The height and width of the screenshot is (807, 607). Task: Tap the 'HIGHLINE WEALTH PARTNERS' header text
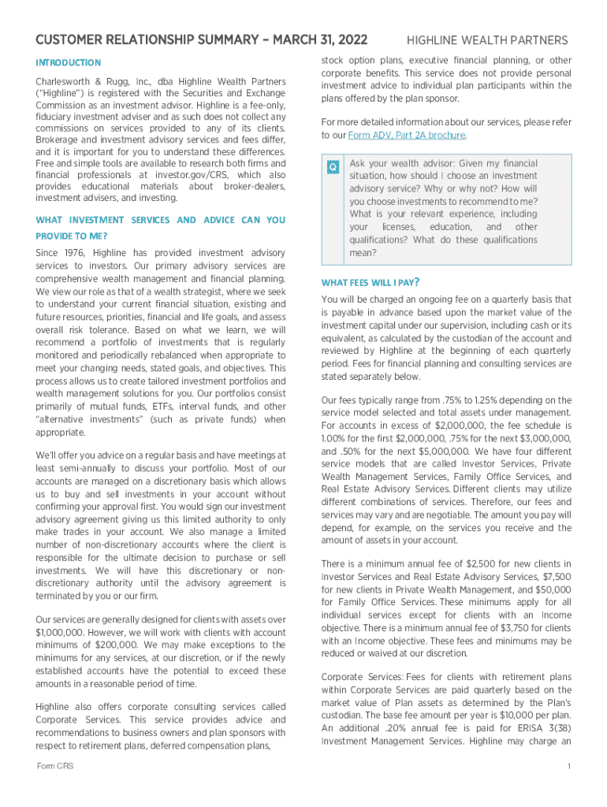486,40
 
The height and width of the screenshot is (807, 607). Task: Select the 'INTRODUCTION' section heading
69,62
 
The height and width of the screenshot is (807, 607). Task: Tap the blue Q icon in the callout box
333,166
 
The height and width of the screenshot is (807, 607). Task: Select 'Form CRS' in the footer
55,766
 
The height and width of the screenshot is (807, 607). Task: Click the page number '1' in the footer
568,766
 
